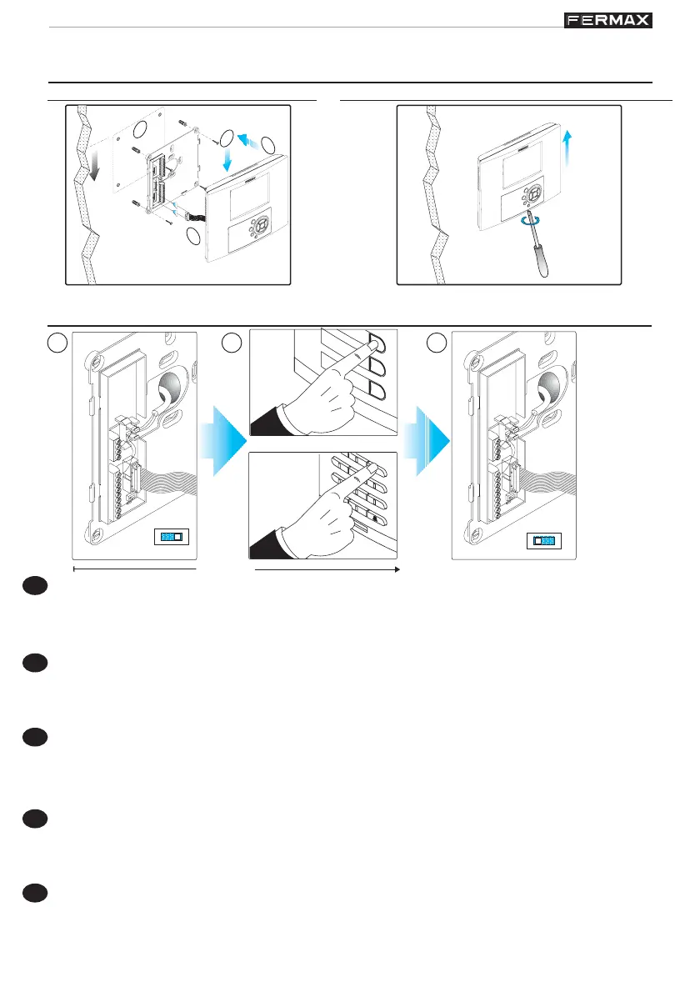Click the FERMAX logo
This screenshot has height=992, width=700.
tap(608, 20)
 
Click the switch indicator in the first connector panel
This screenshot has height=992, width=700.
tap(173, 538)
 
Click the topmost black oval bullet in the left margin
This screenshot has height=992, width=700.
tap(35, 588)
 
